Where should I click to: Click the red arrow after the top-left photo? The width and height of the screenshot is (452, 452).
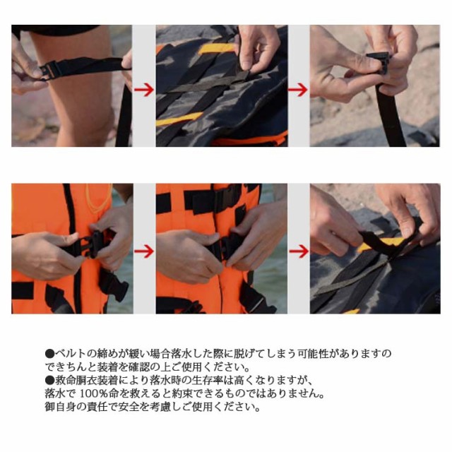click(143, 90)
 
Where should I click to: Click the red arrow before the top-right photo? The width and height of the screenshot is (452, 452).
click(298, 90)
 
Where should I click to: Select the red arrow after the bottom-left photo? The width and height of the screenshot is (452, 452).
click(143, 251)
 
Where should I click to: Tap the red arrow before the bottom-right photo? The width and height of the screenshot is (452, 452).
click(299, 251)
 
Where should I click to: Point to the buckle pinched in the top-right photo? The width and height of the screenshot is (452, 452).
click(379, 62)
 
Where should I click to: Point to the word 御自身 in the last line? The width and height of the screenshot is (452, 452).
click(61, 407)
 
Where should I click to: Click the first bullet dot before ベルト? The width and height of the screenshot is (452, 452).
click(50, 354)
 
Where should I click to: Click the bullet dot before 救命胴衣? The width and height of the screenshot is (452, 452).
click(50, 381)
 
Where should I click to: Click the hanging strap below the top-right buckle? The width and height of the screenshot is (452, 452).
click(390, 115)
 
